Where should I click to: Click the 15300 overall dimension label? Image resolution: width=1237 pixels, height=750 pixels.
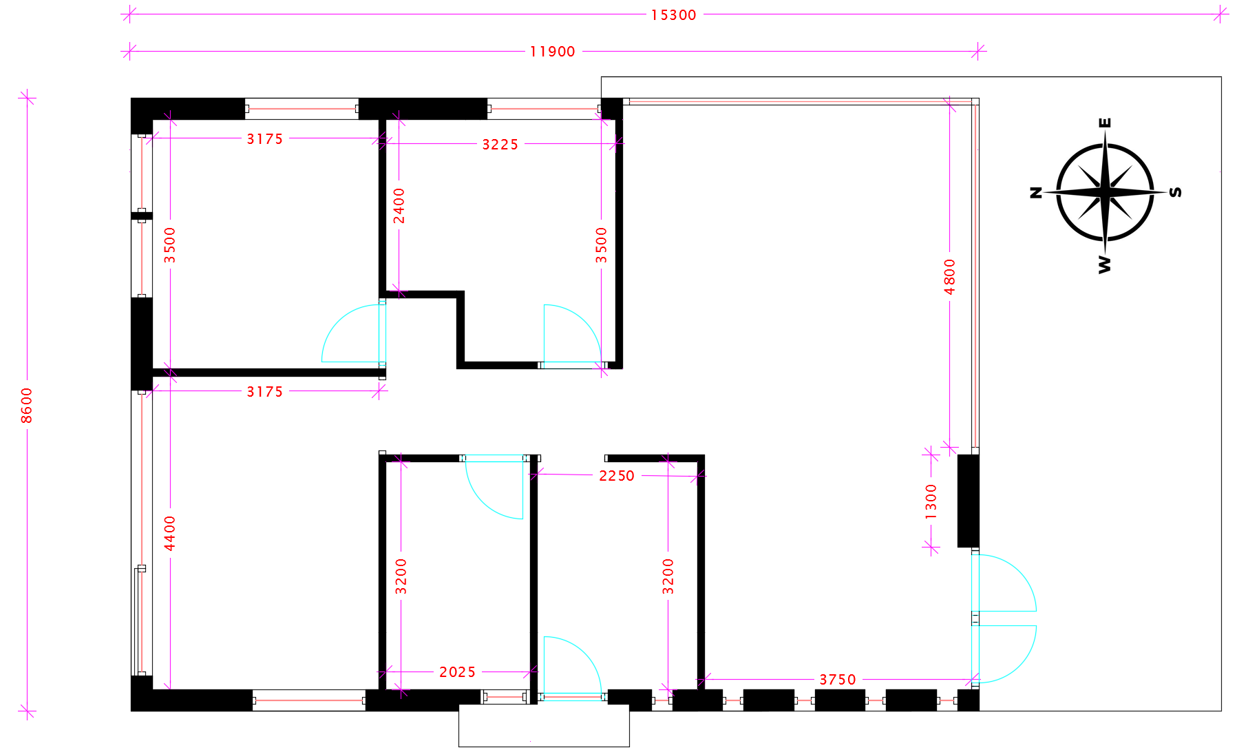[673, 15]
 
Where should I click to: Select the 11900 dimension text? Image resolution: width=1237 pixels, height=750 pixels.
[552, 52]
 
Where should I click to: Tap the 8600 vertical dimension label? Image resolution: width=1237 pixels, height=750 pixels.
[27, 406]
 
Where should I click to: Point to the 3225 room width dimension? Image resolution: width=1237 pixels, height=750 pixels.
[500, 145]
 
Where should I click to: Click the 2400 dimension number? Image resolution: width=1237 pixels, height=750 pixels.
[399, 206]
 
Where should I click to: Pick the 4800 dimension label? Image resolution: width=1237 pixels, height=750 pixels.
[950, 277]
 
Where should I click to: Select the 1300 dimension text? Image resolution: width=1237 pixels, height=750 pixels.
[931, 501]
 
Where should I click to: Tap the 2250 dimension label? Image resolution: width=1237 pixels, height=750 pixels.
[616, 476]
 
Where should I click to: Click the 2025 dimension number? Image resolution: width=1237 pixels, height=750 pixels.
[457, 672]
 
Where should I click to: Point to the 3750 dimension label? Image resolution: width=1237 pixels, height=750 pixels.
[837, 680]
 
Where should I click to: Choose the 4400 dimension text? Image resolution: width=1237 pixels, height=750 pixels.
[170, 534]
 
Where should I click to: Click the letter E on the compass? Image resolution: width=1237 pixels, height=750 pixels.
[1105, 123]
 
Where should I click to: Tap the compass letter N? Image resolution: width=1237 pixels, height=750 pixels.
[1036, 192]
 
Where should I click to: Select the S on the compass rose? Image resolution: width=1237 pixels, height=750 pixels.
[1176, 192]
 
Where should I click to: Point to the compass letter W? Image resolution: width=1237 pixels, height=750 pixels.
[1105, 264]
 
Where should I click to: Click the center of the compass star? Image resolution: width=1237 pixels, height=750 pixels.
[1105, 192]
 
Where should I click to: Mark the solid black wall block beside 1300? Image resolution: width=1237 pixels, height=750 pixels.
[968, 501]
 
